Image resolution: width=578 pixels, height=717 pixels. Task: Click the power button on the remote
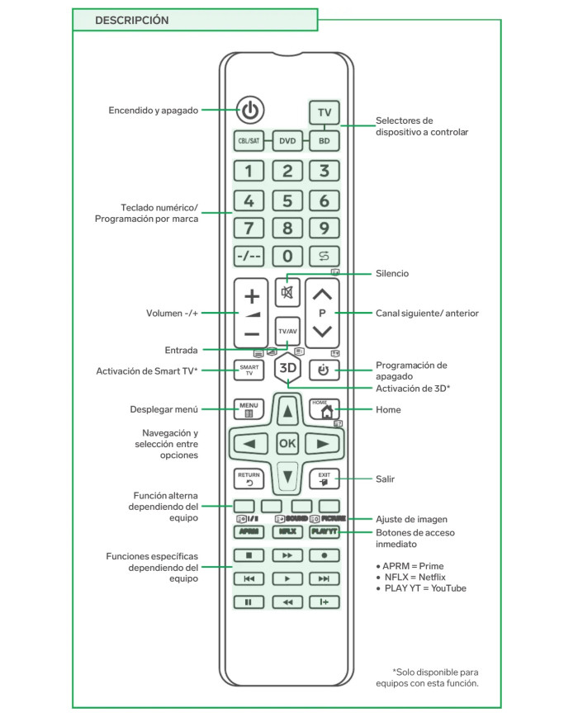pyautogui.click(x=250, y=109)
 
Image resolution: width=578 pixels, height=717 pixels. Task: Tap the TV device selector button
pyautogui.click(x=325, y=112)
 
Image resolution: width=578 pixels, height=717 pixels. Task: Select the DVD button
pyautogui.click(x=287, y=141)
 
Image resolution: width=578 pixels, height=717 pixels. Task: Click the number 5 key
pyautogui.click(x=287, y=200)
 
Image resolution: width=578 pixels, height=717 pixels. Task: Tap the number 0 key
pyautogui.click(x=287, y=256)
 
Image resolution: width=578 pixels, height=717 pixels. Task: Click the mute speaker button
pyautogui.click(x=287, y=293)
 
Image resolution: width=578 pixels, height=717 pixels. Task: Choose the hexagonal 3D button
pyautogui.click(x=287, y=369)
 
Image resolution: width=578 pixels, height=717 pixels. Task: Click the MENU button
pyautogui.click(x=249, y=408)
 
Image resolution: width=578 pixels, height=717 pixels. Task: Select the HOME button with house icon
pyautogui.click(x=325, y=408)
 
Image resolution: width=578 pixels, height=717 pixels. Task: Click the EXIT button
pyautogui.click(x=325, y=479)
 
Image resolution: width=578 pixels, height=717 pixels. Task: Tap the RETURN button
pyautogui.click(x=249, y=479)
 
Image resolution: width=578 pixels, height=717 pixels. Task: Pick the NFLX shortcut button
pyautogui.click(x=287, y=532)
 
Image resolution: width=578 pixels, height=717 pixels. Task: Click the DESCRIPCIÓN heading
pyautogui.click(x=132, y=20)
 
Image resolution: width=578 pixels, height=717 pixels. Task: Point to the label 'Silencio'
pyautogui.click(x=392, y=273)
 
